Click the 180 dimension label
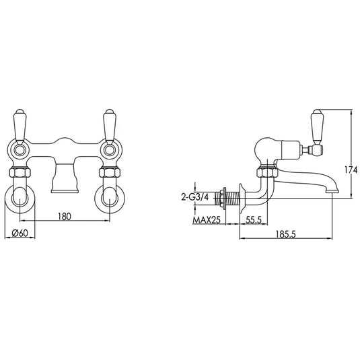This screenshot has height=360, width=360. point(63,217)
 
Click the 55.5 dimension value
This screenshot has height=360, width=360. point(254,220)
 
